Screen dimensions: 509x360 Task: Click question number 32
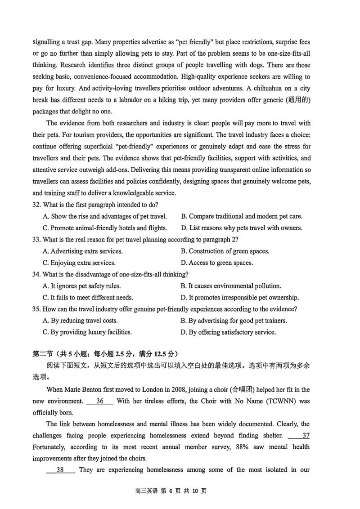pos(37,205)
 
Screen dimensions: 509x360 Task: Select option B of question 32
pos(241,216)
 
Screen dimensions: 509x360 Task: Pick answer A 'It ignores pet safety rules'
pos(81,286)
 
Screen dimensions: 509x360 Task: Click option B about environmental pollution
pos(230,286)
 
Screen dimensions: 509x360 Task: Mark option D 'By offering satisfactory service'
pos(228,332)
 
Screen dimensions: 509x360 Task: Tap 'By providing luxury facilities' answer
pos(87,332)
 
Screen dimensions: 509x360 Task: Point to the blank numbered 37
pos(299,435)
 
